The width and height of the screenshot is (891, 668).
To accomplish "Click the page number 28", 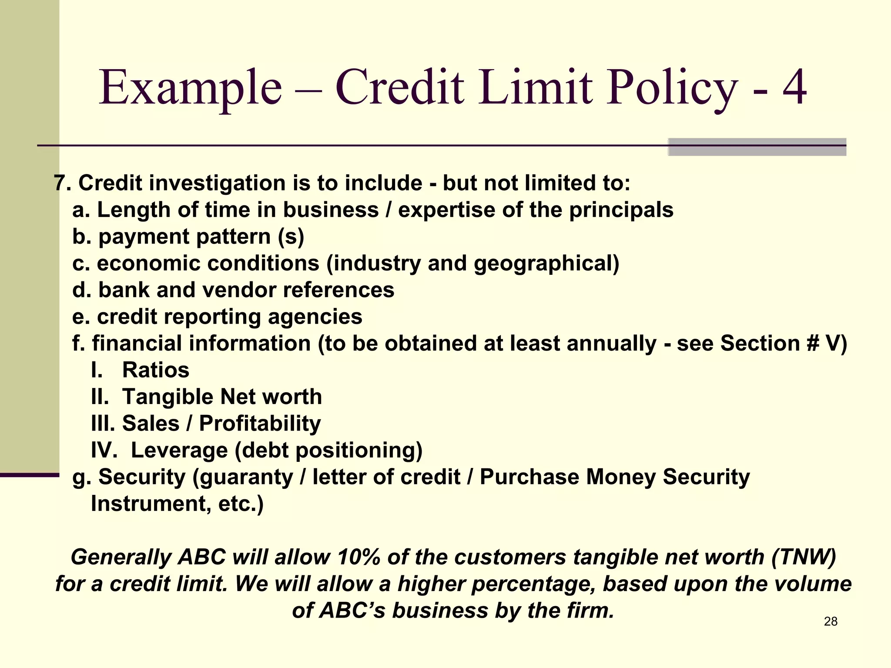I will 831,621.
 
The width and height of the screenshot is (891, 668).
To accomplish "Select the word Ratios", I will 156,370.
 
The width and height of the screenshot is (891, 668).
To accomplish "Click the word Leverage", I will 179,450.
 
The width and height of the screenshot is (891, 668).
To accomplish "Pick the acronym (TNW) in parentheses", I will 803,557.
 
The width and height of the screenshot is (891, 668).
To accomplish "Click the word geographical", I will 546,264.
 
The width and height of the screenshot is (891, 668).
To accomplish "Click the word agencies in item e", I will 315,317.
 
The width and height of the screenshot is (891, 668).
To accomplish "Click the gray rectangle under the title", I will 757,147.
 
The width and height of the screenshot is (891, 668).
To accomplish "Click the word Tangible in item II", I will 168,397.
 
